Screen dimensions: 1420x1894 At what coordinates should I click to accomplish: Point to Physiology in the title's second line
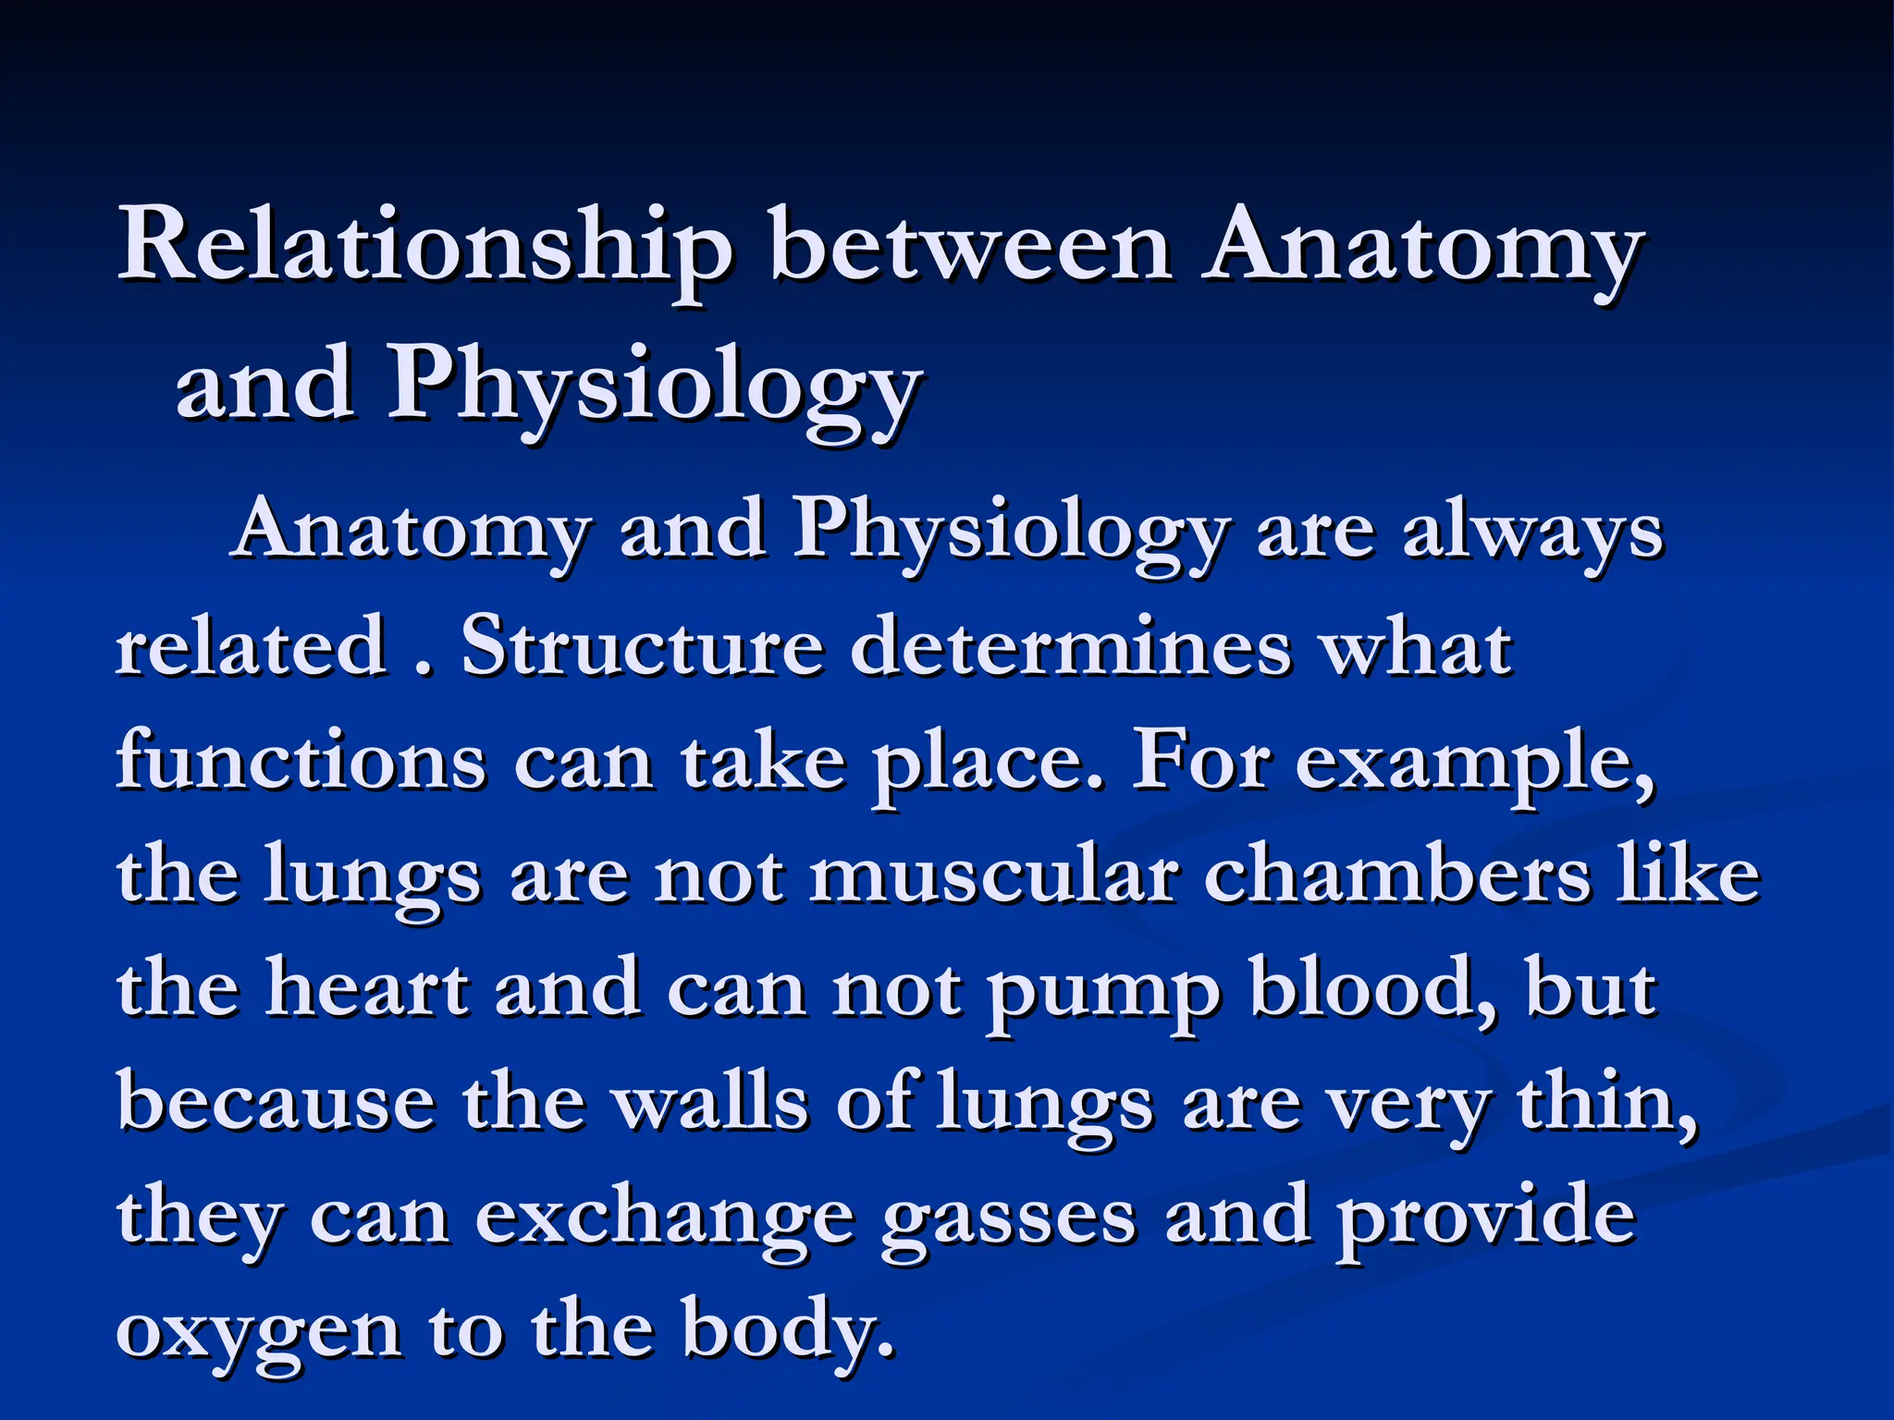click(x=652, y=385)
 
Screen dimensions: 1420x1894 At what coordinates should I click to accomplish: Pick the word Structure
click(x=642, y=646)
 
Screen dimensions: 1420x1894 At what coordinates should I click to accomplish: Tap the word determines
click(x=1070, y=646)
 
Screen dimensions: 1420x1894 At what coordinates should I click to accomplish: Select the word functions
click(x=301, y=761)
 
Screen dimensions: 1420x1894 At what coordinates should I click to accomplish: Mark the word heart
click(x=367, y=988)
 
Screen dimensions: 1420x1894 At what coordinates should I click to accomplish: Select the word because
click(x=277, y=1103)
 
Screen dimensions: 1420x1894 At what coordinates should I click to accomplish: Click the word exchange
click(x=665, y=1218)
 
